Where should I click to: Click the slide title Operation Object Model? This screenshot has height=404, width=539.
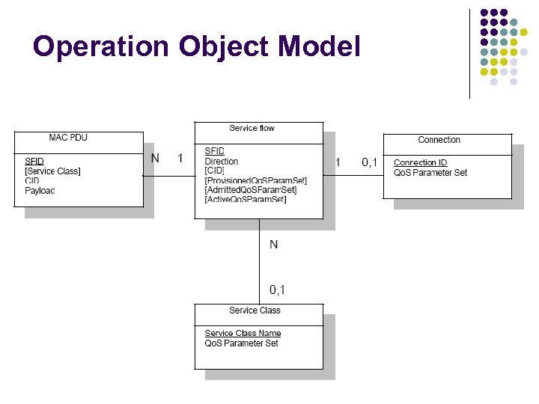[x=197, y=46]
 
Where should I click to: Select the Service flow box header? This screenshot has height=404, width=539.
[x=252, y=128]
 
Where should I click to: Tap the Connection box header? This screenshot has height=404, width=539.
[x=439, y=140]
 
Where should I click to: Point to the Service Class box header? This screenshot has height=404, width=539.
[x=255, y=310]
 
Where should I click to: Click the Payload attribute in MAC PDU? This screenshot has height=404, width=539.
[x=40, y=191]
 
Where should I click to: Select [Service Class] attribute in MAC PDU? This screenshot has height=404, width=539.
[x=52, y=171]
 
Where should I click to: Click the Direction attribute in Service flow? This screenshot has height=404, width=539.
[x=222, y=162]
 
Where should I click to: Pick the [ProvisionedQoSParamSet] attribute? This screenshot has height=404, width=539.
[x=255, y=180]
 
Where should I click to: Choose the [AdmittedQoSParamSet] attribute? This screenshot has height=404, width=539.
[x=251, y=190]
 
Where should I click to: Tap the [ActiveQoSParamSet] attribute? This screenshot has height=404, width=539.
[x=246, y=200]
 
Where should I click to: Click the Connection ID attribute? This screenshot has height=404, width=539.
[x=421, y=163]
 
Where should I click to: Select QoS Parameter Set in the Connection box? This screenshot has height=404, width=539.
[x=430, y=173]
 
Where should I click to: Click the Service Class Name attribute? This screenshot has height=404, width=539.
[x=243, y=334]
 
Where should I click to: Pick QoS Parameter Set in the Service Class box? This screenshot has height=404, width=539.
[x=242, y=343]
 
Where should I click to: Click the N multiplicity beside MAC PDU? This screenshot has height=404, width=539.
[x=155, y=158]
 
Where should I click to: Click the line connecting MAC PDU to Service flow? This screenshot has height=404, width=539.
[x=168, y=177]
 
